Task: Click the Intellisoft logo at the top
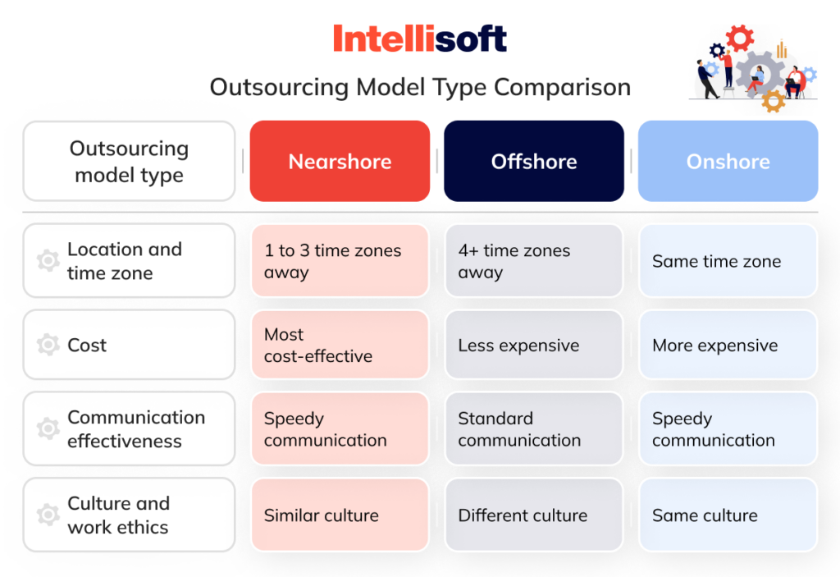coord(419,39)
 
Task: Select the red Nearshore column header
coord(340,162)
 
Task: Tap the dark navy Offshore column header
coord(534,162)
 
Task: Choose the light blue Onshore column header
coord(728,162)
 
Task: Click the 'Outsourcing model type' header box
coord(129,162)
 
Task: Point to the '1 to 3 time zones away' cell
coord(340,261)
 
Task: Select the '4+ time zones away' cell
coord(534,261)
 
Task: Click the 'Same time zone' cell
coord(728,261)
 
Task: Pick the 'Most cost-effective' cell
coord(340,345)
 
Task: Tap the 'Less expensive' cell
coord(534,346)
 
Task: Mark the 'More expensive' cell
coord(728,346)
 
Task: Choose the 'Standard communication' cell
coord(534,429)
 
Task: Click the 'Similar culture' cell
coord(340,515)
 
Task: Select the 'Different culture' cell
coord(534,515)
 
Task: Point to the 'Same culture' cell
coord(728,515)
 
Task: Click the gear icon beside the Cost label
coord(48,345)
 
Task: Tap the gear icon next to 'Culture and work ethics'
coord(48,515)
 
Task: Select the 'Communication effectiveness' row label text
coord(136,429)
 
